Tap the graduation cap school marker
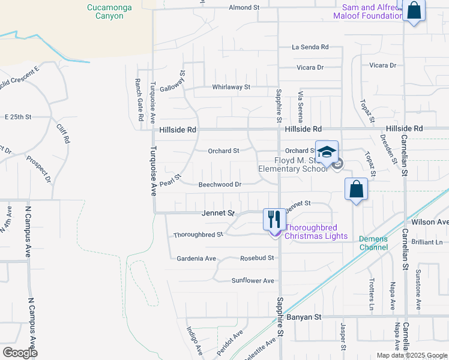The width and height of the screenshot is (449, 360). click(327, 152)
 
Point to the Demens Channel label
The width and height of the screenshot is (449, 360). click(373, 242)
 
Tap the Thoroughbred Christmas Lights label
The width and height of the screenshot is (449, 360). click(316, 232)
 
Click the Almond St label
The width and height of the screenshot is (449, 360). click(244, 7)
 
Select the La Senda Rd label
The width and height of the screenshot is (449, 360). click(310, 47)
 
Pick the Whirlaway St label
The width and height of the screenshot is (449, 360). click(231, 87)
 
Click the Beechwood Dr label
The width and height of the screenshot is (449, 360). click(220, 185)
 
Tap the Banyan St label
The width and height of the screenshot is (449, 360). click(306, 316)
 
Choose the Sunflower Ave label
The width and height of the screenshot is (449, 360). click(253, 280)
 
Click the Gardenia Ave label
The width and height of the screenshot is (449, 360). click(196, 259)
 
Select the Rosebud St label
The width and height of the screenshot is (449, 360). click(257, 258)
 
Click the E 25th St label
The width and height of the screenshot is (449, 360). click(17, 117)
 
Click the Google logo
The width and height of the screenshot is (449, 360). click(20, 352)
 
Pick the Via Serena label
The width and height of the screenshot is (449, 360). click(301, 107)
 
